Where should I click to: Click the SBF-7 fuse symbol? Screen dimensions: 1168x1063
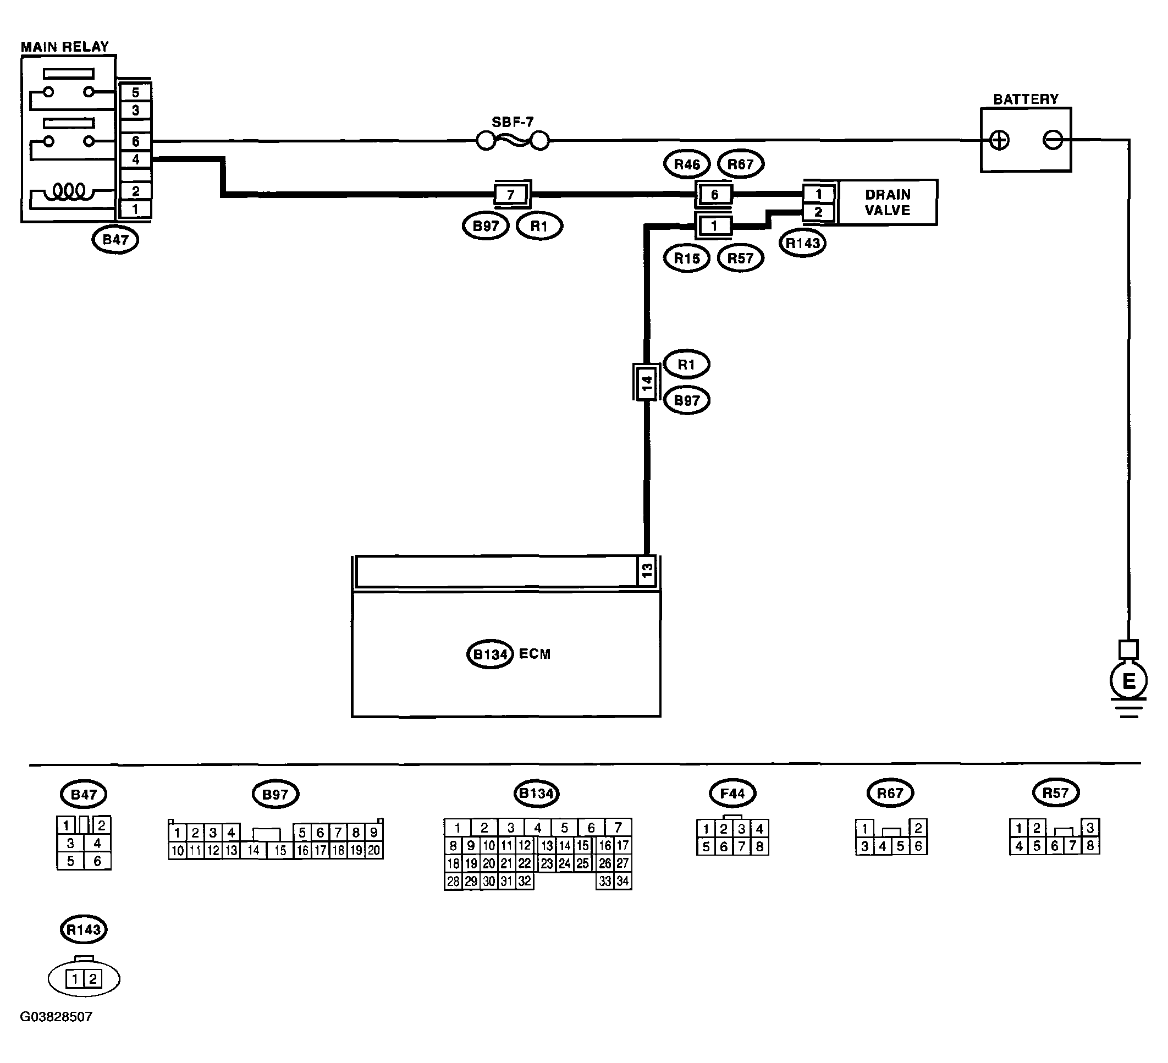tap(512, 141)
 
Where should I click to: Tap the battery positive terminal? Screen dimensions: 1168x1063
tap(999, 140)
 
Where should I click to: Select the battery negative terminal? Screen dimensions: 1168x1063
tap(1052, 140)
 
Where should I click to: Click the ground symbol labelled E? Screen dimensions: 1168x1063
tap(1128, 681)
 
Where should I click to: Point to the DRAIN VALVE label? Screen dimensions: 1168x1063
tap(888, 202)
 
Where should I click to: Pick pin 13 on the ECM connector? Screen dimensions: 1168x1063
tap(647, 571)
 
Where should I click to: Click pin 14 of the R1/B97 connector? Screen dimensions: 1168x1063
tap(647, 382)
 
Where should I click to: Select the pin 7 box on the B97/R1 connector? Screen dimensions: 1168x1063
tap(511, 195)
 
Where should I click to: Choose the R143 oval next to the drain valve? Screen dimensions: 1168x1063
tap(802, 243)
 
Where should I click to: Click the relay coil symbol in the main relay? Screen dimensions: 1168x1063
tap(69, 191)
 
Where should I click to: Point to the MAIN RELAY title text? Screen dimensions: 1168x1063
tap(65, 47)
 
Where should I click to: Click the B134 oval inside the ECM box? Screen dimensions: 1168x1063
tap(490, 654)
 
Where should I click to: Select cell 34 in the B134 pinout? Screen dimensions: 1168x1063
tap(622, 882)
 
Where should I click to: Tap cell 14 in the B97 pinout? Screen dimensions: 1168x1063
tap(253, 850)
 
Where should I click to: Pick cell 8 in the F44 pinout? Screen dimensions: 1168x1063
tap(759, 846)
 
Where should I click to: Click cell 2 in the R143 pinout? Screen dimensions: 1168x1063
tap(93, 979)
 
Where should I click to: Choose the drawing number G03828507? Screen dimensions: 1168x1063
tap(56, 1017)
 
